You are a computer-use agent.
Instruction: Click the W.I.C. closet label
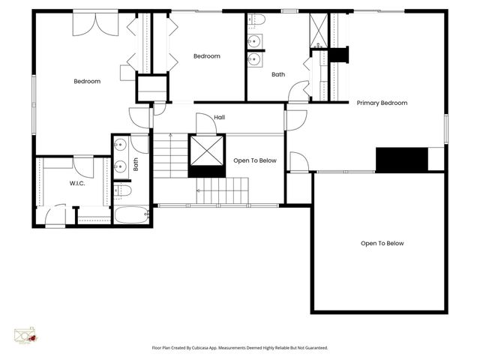[77, 183]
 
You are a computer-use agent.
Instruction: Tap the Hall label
[220, 117]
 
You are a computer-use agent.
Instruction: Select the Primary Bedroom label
[382, 103]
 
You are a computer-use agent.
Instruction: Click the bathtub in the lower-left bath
[132, 215]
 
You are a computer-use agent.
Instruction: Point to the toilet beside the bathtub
[124, 191]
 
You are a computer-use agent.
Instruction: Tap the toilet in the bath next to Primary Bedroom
[256, 19]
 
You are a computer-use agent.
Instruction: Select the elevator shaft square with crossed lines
[207, 151]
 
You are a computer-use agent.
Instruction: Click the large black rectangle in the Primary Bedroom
[401, 159]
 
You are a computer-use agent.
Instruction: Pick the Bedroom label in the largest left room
[87, 81]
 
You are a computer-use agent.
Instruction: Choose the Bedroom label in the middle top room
[206, 56]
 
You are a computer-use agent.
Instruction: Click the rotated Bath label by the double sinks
[136, 163]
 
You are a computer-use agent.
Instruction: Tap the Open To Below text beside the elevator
[255, 160]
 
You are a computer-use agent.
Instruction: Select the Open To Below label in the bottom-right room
[382, 243]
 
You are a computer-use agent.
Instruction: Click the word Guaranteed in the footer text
[313, 348]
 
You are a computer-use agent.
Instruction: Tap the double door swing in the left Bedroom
[95, 24]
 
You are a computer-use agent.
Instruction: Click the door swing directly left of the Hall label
[204, 124]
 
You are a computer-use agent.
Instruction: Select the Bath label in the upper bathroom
[278, 74]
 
